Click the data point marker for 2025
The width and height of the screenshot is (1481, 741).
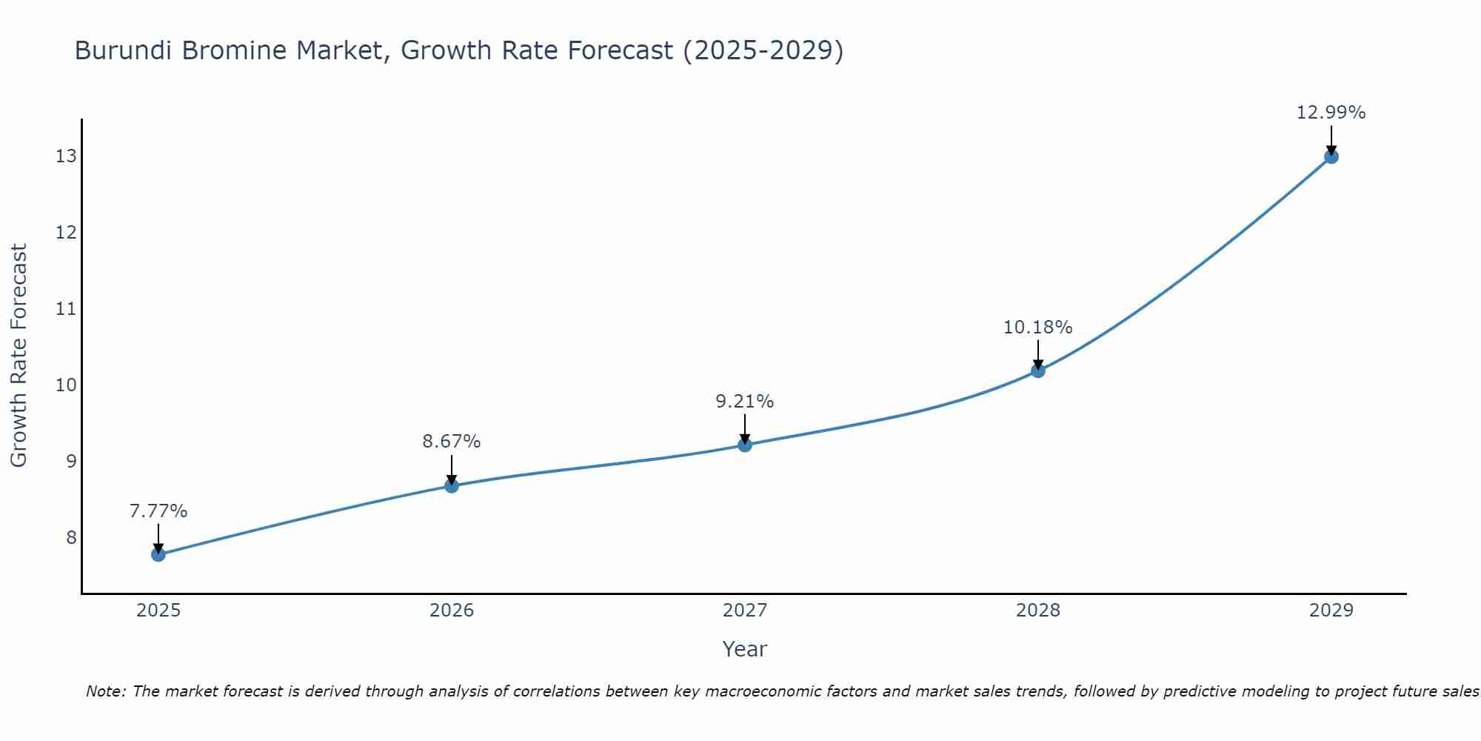coord(158,554)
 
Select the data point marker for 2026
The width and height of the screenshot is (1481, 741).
coord(452,486)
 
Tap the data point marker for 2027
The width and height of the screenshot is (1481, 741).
coord(745,445)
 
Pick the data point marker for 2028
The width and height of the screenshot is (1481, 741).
coord(1038,370)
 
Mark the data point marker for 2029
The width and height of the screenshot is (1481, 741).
coord(1331,156)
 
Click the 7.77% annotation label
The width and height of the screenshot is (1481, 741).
coord(158,511)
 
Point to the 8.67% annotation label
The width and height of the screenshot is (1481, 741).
coord(452,442)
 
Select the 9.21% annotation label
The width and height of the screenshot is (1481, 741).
coord(745,402)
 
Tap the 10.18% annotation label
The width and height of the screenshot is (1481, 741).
coord(1038,328)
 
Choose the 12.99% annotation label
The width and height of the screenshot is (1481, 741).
coord(1331,113)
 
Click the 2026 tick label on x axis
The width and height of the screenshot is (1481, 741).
coord(452,611)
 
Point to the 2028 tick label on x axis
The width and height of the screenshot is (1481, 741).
coord(1038,611)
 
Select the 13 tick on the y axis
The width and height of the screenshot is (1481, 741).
coord(66,156)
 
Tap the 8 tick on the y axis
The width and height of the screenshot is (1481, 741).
coord(71,537)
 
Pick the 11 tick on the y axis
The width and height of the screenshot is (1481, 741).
coord(66,309)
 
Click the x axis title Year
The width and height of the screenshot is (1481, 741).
coord(745,649)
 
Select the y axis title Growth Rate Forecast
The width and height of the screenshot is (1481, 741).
coord(19,356)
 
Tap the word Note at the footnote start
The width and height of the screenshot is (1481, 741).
coord(106,691)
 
